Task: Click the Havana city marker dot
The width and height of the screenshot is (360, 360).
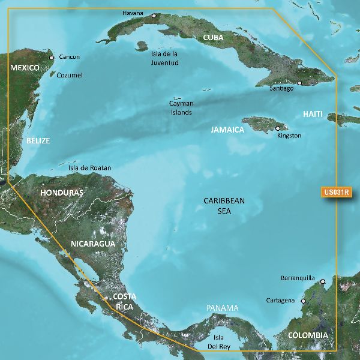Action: (154, 16)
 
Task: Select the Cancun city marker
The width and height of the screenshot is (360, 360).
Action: (51, 58)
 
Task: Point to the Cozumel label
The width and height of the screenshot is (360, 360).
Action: (69, 76)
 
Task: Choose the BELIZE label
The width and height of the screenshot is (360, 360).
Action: (38, 141)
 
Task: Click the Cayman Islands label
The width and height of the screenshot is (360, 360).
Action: (181, 107)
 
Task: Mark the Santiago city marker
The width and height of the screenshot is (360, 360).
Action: (299, 83)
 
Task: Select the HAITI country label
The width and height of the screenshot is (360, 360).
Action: (313, 114)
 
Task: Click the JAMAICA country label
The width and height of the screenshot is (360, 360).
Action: (227, 130)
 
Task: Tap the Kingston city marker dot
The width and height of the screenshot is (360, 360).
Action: (277, 128)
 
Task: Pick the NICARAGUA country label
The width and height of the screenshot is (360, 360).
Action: (92, 244)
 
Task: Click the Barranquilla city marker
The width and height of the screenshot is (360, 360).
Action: (322, 281)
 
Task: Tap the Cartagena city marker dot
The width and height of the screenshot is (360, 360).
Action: (303, 301)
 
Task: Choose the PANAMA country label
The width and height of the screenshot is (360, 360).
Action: (222, 308)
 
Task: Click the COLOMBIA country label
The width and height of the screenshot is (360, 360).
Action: (307, 335)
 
